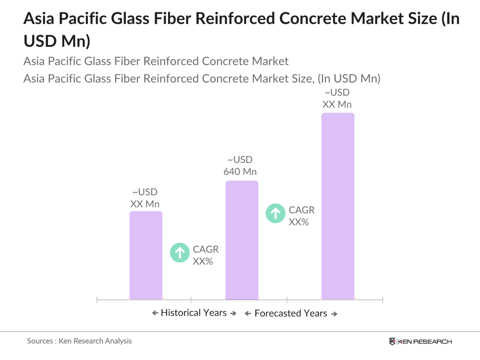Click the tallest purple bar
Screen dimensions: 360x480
[x=338, y=206]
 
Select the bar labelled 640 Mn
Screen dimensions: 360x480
[x=242, y=240]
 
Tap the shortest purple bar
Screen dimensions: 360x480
[x=146, y=255]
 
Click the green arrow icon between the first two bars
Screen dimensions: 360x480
[x=180, y=253]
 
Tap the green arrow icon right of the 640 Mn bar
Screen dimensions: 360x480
[x=275, y=213]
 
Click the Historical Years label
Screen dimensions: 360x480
[x=194, y=313]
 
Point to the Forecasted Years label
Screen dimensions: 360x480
[x=291, y=313]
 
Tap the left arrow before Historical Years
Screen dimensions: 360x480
[x=155, y=313]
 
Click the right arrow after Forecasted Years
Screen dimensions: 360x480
[x=334, y=314]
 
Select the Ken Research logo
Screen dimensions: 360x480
[x=421, y=342]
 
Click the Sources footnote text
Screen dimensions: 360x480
[x=79, y=341]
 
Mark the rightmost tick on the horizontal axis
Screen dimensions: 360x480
[x=382, y=300]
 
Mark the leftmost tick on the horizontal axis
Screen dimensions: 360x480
[x=97, y=300]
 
